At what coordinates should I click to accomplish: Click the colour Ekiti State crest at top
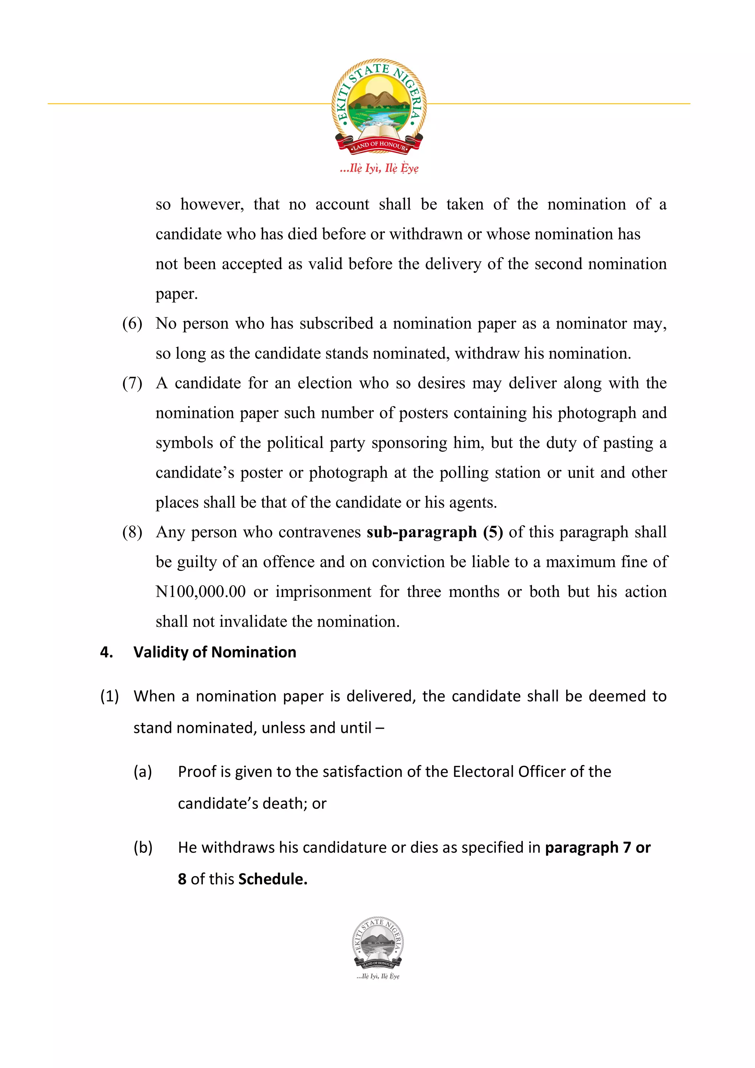click(379, 106)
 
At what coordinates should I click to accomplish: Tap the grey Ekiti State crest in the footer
click(378, 943)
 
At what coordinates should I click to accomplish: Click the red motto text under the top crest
click(379, 168)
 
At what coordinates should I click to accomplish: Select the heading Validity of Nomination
click(215, 652)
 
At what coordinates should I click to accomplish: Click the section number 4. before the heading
click(107, 652)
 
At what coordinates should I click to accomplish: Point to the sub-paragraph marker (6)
click(132, 323)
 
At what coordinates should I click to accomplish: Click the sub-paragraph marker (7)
click(132, 383)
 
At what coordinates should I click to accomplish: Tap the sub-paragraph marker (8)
click(132, 532)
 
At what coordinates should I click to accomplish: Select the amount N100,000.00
click(201, 592)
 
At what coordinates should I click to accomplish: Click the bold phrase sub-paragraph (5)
click(435, 532)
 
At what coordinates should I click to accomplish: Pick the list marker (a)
click(143, 771)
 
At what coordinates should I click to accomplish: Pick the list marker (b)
click(143, 848)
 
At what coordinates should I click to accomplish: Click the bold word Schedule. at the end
click(272, 879)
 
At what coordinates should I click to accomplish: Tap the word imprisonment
click(323, 592)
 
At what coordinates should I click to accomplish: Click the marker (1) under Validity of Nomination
click(110, 697)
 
